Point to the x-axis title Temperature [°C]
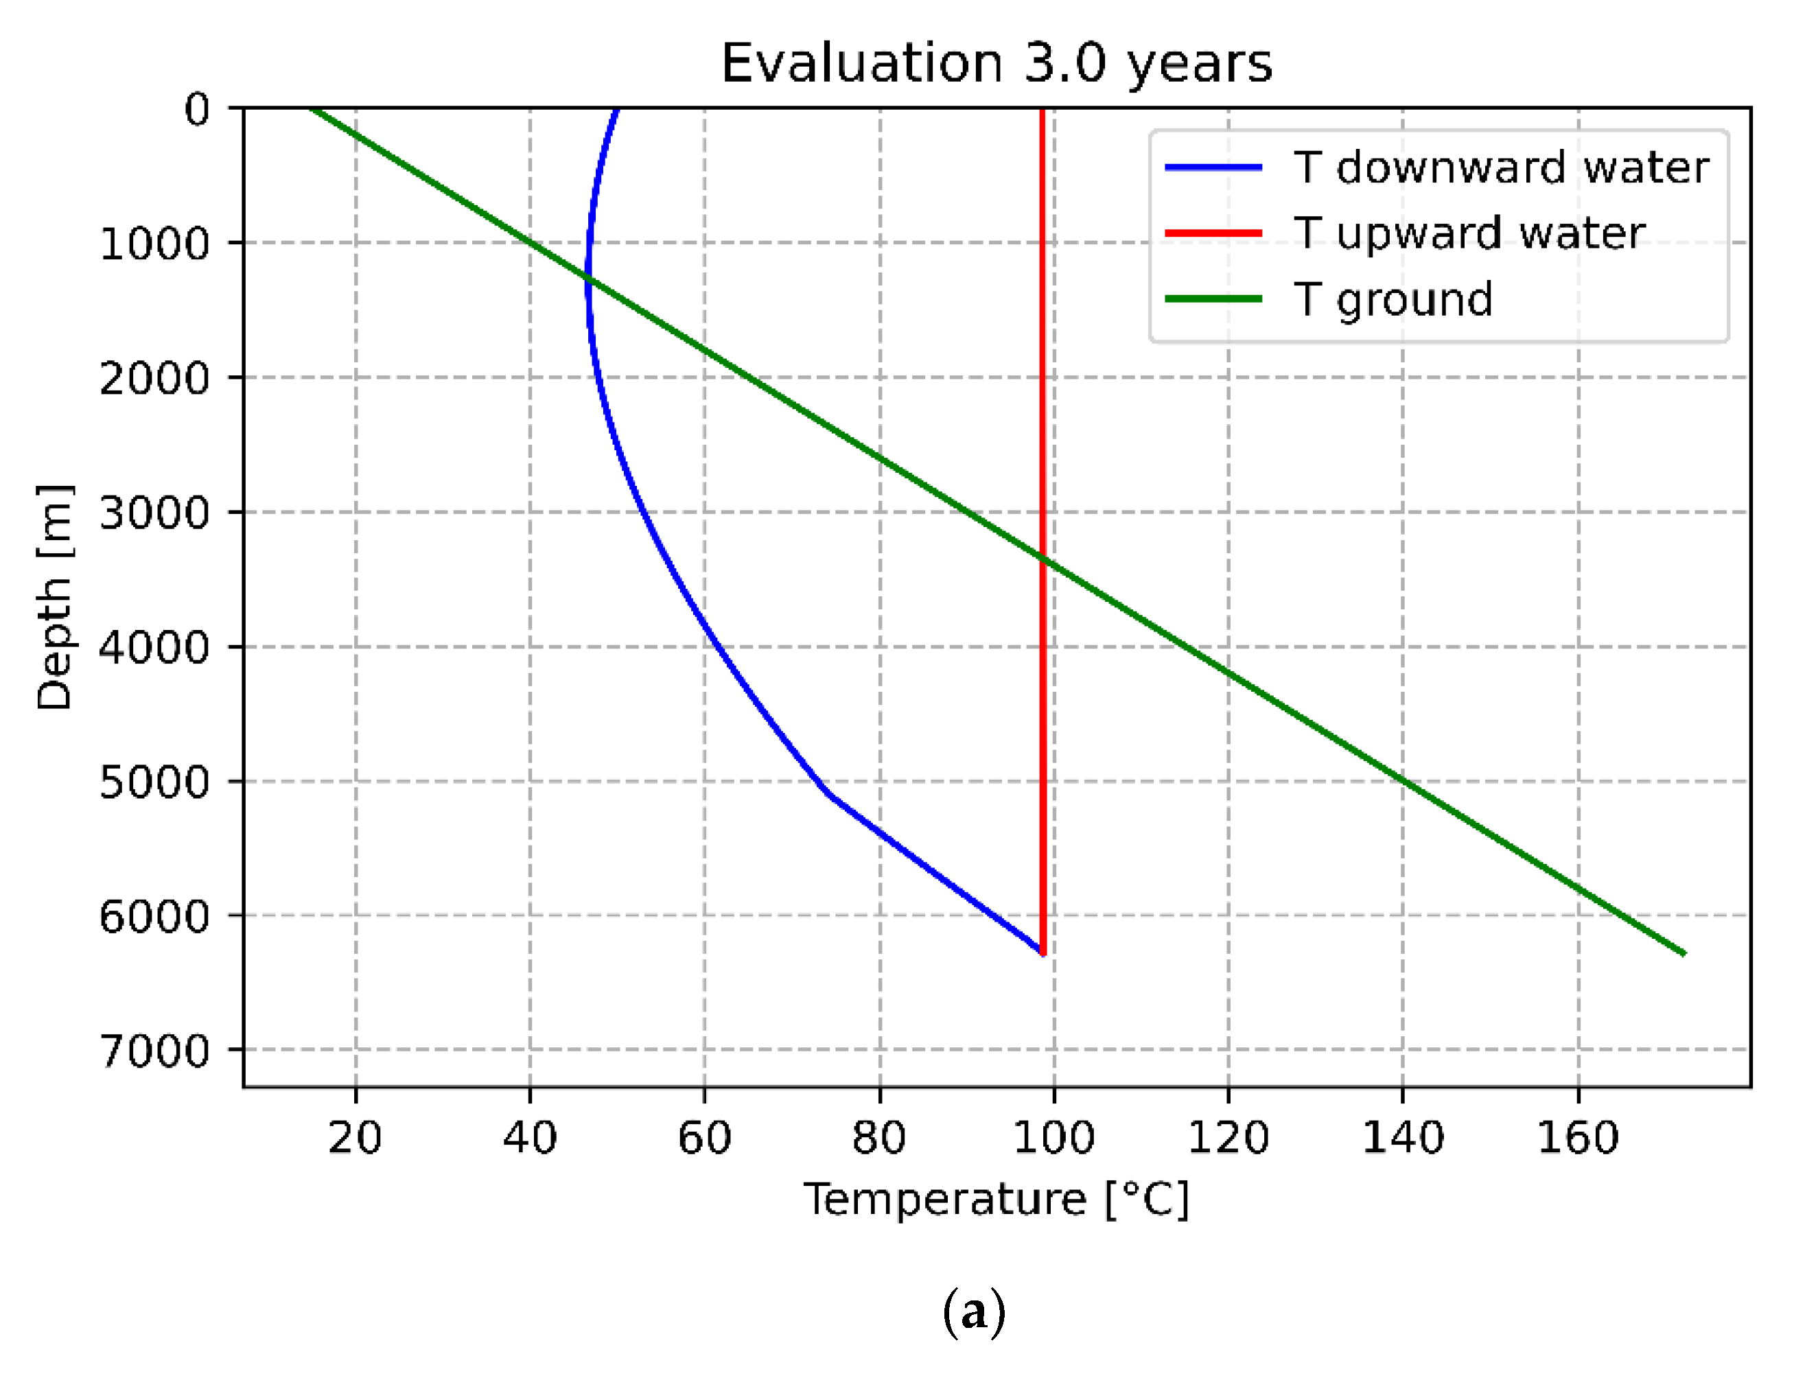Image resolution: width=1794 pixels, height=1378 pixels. pyautogui.click(x=995, y=1200)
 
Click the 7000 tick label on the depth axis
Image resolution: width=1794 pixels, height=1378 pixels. pyautogui.click(x=154, y=1051)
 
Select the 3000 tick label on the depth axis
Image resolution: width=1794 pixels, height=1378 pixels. pyautogui.click(x=154, y=513)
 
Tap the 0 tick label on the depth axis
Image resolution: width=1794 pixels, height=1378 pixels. pyautogui.click(x=197, y=109)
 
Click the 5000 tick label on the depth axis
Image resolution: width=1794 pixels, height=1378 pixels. pyautogui.click(x=154, y=782)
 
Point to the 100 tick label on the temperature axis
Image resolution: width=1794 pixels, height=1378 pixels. pyautogui.click(x=1053, y=1138)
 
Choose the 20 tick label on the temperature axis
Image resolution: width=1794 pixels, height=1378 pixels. pyautogui.click(x=356, y=1138)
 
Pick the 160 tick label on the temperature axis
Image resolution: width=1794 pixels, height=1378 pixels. pyautogui.click(x=1577, y=1138)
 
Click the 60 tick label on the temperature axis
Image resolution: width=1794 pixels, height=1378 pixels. pyautogui.click(x=704, y=1138)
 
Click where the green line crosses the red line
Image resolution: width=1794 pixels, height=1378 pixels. pyautogui.click(x=1042, y=559)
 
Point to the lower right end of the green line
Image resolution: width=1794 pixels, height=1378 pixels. pyautogui.click(x=1684, y=953)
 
